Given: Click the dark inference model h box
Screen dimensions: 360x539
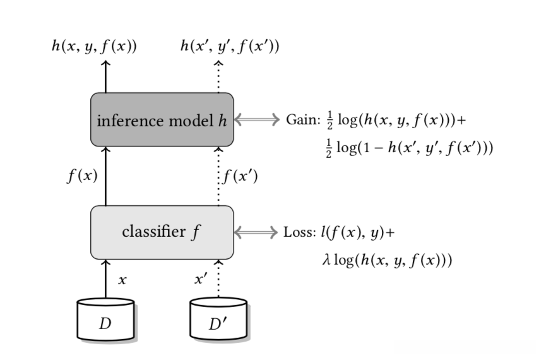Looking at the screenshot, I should [x=162, y=119].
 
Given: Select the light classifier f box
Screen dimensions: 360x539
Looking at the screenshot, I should [x=162, y=232].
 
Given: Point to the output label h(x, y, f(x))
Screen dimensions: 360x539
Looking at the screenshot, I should [x=95, y=46].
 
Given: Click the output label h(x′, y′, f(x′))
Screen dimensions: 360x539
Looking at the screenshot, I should [x=230, y=46].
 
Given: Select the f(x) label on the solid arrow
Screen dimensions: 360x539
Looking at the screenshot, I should [x=82, y=176].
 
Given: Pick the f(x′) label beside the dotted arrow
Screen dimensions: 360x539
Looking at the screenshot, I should [x=240, y=176].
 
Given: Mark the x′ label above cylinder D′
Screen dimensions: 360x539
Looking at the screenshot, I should [x=201, y=279].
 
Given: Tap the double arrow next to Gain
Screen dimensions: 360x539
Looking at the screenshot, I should [x=257, y=119].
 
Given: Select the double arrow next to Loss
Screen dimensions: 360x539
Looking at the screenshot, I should [x=256, y=232].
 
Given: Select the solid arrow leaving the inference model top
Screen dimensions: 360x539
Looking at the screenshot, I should [x=106, y=76].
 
